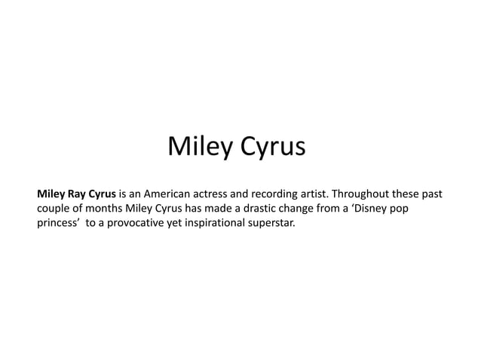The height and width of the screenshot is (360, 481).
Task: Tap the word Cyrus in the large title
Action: pos(271,147)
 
